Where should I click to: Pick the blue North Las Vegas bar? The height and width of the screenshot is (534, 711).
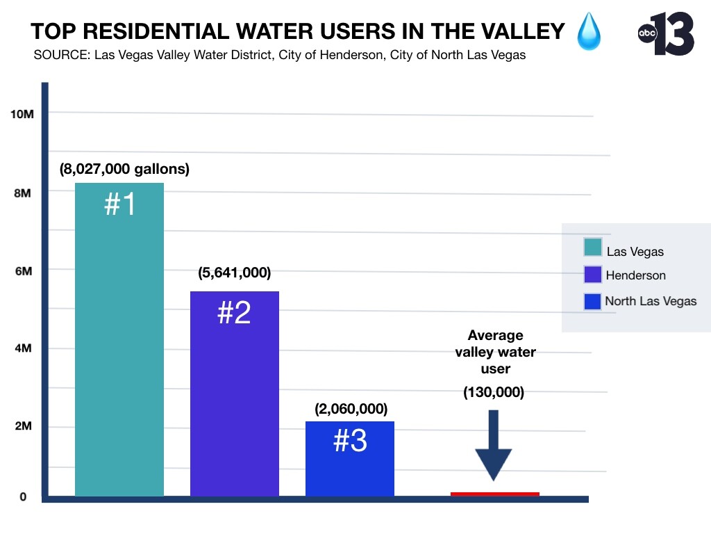point(350,459)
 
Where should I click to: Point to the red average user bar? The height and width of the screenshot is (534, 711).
point(494,494)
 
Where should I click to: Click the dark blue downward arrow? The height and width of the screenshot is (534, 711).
point(494,446)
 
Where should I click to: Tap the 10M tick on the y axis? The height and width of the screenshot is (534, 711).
point(22,114)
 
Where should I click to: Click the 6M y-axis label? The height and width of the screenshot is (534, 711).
point(22,271)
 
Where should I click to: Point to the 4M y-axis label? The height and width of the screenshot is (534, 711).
point(22,349)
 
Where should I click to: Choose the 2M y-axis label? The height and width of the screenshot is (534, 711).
point(22,427)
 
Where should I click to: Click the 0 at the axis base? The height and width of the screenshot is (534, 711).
point(23,497)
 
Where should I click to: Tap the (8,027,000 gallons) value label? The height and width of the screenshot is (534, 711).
point(124,169)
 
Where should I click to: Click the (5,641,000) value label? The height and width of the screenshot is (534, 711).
point(234,273)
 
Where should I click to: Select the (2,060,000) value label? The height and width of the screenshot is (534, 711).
point(351,409)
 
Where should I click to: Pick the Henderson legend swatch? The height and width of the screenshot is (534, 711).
point(593,275)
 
